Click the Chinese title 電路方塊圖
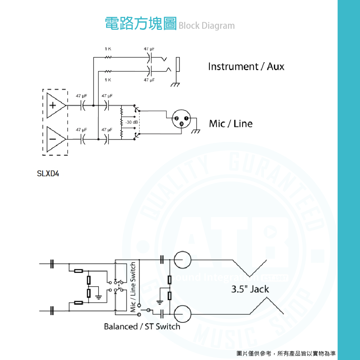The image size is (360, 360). pyautogui.click(x=141, y=24)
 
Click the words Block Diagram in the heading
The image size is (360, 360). pyautogui.click(x=206, y=26)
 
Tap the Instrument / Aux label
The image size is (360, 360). pyautogui.click(x=246, y=67)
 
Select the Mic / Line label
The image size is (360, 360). pyautogui.click(x=231, y=124)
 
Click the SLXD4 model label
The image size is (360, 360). pyautogui.click(x=48, y=173)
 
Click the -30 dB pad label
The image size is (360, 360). pyautogui.click(x=132, y=122)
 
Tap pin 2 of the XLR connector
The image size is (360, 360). pyautogui.click(x=176, y=119)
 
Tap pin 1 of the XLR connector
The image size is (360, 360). pyautogui.click(x=186, y=119)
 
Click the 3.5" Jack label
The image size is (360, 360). pyautogui.click(x=250, y=289)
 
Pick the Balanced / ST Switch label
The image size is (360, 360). pyautogui.click(x=142, y=327)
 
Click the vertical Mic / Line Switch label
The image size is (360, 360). pyautogui.click(x=133, y=287)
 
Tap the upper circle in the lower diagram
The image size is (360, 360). pyautogui.click(x=182, y=260)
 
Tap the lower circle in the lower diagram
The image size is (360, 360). pyautogui.click(x=182, y=314)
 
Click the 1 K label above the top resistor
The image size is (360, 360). pyautogui.click(x=108, y=49)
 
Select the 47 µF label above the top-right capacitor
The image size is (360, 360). pyautogui.click(x=149, y=49)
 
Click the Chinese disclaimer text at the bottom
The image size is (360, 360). pyautogui.click(x=286, y=354)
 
